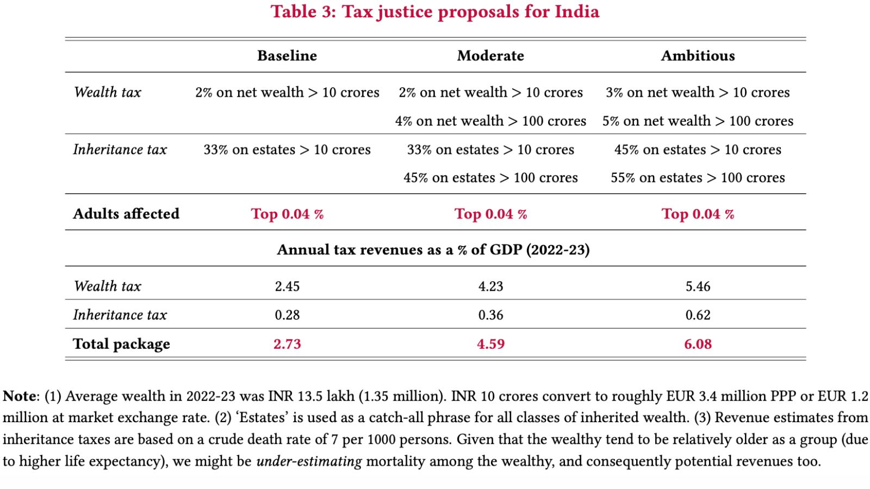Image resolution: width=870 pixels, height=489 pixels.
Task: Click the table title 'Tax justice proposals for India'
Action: click(435, 12)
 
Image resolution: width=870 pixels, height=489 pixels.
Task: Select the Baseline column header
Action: click(287, 56)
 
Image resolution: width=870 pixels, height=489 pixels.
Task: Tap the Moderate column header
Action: click(490, 56)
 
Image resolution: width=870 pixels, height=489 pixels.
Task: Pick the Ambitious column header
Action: click(698, 56)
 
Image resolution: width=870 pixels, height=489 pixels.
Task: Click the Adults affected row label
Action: click(126, 214)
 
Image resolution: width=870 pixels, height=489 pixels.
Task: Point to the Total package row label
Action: click(121, 344)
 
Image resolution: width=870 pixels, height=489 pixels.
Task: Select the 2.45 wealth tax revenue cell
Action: click(287, 286)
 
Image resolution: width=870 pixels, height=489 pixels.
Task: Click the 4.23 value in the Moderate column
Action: click(490, 286)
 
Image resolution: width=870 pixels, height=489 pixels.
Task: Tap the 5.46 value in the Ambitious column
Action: click(698, 286)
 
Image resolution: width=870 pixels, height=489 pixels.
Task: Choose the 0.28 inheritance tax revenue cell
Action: click(287, 315)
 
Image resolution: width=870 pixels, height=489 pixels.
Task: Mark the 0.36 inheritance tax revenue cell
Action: click(490, 315)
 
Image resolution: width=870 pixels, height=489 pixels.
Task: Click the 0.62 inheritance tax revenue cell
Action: click(698, 315)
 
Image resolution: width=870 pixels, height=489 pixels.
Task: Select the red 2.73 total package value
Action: click(287, 344)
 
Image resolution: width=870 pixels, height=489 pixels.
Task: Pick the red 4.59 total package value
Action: click(490, 344)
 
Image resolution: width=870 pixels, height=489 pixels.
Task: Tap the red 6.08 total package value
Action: click(698, 344)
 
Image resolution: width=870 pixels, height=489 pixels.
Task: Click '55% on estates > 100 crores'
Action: click(698, 178)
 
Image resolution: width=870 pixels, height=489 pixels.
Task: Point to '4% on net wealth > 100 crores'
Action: click(490, 121)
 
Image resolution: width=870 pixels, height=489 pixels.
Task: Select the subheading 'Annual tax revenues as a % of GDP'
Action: click(433, 250)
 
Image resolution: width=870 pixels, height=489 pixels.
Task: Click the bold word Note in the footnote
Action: click(20, 396)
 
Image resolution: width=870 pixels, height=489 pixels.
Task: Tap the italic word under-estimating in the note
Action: click(309, 462)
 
